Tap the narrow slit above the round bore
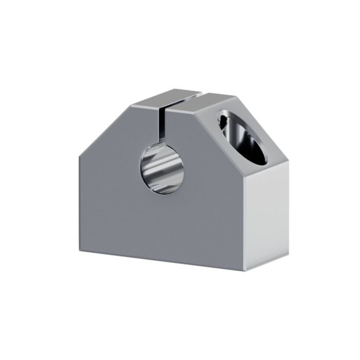165,123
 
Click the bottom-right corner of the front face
246,272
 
